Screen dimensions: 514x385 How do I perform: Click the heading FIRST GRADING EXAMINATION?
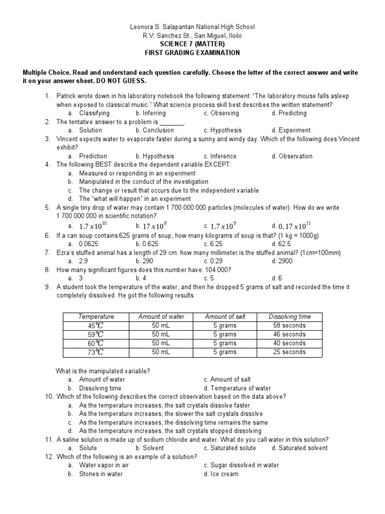(x=192, y=53)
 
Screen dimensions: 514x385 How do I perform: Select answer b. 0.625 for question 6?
(x=148, y=243)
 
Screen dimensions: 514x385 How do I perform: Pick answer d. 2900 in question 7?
(x=282, y=261)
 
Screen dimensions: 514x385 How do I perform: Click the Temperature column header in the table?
(x=96, y=317)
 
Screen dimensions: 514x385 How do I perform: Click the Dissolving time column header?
(x=289, y=317)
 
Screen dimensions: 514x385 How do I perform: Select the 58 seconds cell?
(x=289, y=325)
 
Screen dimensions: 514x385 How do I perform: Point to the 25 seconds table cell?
(x=289, y=352)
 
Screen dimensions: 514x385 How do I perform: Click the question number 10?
(x=49, y=397)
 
